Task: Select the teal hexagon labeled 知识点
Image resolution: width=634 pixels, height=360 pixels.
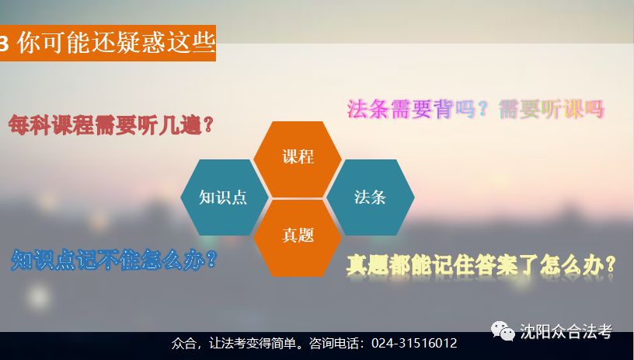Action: click(225, 197)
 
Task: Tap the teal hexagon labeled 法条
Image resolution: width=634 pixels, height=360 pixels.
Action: click(371, 197)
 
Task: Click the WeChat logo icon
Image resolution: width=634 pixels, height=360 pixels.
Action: click(503, 331)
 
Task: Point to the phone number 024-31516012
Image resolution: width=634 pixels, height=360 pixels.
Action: click(414, 344)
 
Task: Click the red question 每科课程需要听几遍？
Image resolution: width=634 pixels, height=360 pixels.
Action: click(111, 125)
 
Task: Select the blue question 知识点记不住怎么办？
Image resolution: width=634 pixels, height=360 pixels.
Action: click(114, 260)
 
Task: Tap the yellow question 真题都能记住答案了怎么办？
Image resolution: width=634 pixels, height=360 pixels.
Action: click(481, 265)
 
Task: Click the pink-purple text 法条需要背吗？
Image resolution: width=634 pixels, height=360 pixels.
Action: click(418, 109)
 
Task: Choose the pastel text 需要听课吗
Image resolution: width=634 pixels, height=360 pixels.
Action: click(552, 109)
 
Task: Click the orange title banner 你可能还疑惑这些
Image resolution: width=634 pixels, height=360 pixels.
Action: click(107, 43)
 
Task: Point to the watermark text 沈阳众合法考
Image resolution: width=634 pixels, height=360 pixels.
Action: click(566, 332)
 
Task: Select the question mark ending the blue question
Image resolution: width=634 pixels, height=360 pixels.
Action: click(211, 260)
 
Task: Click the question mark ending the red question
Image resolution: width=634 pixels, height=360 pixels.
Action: click(208, 125)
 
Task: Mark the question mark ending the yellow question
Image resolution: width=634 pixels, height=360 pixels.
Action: click(610, 265)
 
